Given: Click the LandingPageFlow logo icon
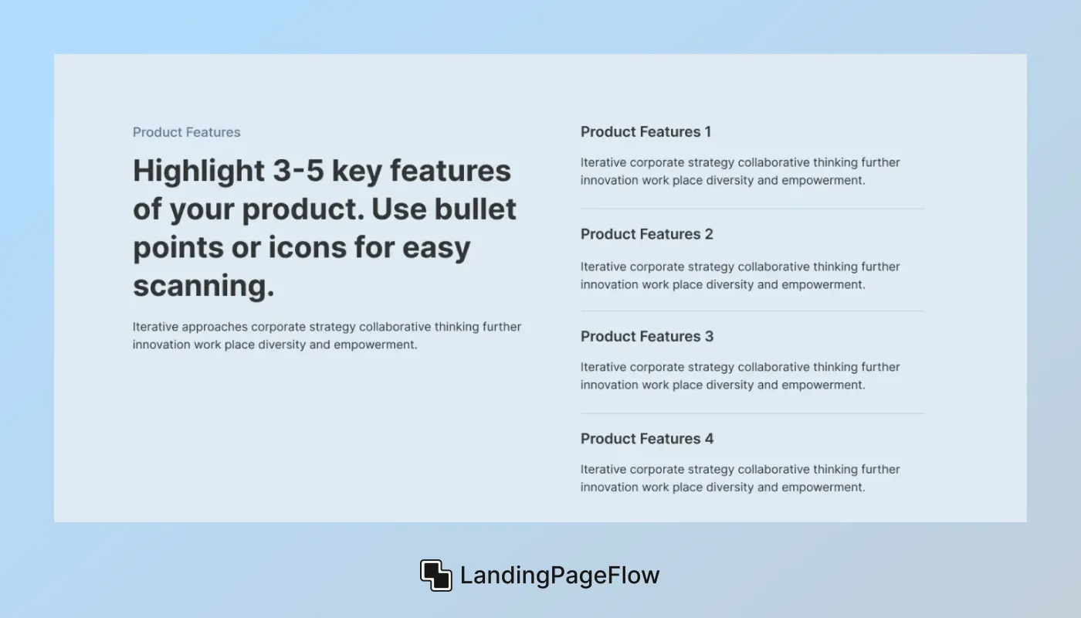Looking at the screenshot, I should (435, 576).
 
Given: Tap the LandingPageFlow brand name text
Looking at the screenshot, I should (560, 576).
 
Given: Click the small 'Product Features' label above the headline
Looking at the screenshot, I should (186, 132).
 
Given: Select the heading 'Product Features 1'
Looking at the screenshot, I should (646, 132).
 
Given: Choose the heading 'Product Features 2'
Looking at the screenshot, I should (646, 234).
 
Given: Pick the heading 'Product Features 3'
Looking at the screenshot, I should (646, 336).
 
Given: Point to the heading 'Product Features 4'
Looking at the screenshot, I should (646, 439).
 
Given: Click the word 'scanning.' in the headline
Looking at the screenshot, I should (204, 286).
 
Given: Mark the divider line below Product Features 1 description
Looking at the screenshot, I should (751, 209).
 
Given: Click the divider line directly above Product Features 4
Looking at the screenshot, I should (751, 413).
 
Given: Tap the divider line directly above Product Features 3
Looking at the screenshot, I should (751, 311).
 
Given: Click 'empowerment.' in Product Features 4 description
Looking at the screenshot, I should (823, 487).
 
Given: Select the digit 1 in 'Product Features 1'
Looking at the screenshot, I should (707, 132).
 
